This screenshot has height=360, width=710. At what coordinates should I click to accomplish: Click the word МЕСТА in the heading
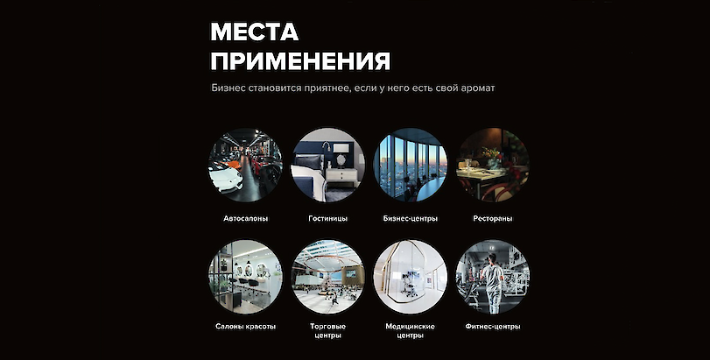255,32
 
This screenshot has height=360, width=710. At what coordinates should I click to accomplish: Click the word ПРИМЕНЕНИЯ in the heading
300,61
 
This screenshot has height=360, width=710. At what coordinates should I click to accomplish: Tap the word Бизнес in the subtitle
228,88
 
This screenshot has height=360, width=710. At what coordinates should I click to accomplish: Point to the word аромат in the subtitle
477,88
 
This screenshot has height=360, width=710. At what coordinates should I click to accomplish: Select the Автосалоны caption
245,218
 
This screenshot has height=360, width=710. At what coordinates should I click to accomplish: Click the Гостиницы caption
327,218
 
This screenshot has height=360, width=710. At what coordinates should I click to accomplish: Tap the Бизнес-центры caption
411,218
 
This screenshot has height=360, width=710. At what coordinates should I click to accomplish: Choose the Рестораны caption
493,218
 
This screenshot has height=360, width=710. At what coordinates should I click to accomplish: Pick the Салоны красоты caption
245,326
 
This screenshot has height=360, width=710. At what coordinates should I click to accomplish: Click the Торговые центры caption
327,330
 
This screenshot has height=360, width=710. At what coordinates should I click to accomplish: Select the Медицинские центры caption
411,330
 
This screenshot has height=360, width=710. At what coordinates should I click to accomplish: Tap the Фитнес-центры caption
493,326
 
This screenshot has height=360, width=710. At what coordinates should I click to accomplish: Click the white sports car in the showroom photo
225,178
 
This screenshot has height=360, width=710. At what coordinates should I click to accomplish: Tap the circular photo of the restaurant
493,165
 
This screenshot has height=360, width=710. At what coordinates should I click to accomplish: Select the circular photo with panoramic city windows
411,165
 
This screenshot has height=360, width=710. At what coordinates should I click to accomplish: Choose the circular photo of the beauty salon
245,277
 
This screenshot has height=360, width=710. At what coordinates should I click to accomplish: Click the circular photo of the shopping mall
327,277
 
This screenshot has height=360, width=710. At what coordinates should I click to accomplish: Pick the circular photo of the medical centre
411,277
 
